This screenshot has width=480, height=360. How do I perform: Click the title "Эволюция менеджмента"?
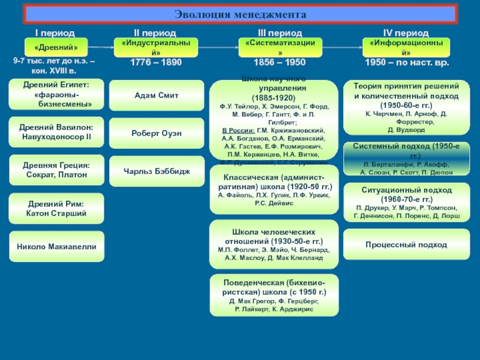tap(240, 14)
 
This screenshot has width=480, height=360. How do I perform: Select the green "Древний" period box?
tap(56, 47)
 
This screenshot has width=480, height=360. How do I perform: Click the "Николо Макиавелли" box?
tap(56, 247)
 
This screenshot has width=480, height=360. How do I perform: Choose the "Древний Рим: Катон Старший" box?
tap(56, 208)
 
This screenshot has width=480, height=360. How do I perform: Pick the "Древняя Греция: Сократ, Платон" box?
tap(56, 170)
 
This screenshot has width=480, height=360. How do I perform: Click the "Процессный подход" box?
tap(406, 245)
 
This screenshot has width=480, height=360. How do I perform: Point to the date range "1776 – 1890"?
tap(156, 62)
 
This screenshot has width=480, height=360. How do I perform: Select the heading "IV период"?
tap(406, 32)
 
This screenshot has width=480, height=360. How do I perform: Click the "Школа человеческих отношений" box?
tap(273, 244)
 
